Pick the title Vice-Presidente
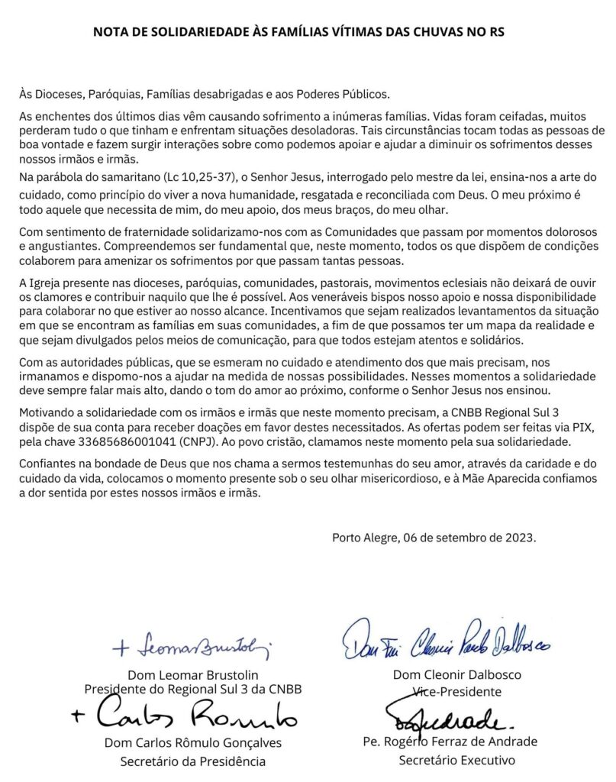(x=456, y=692)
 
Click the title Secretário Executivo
(x=456, y=761)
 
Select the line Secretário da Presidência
(x=193, y=761)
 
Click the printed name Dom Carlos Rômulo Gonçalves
(x=193, y=742)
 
